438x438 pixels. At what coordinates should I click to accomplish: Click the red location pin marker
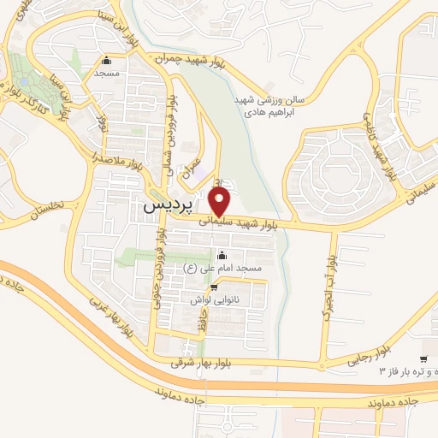221,201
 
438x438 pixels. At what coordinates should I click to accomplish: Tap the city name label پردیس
162,206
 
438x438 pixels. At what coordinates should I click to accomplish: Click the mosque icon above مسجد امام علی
222,255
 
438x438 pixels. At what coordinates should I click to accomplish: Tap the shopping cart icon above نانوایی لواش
214,287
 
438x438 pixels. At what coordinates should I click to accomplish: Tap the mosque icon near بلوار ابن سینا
106,61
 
